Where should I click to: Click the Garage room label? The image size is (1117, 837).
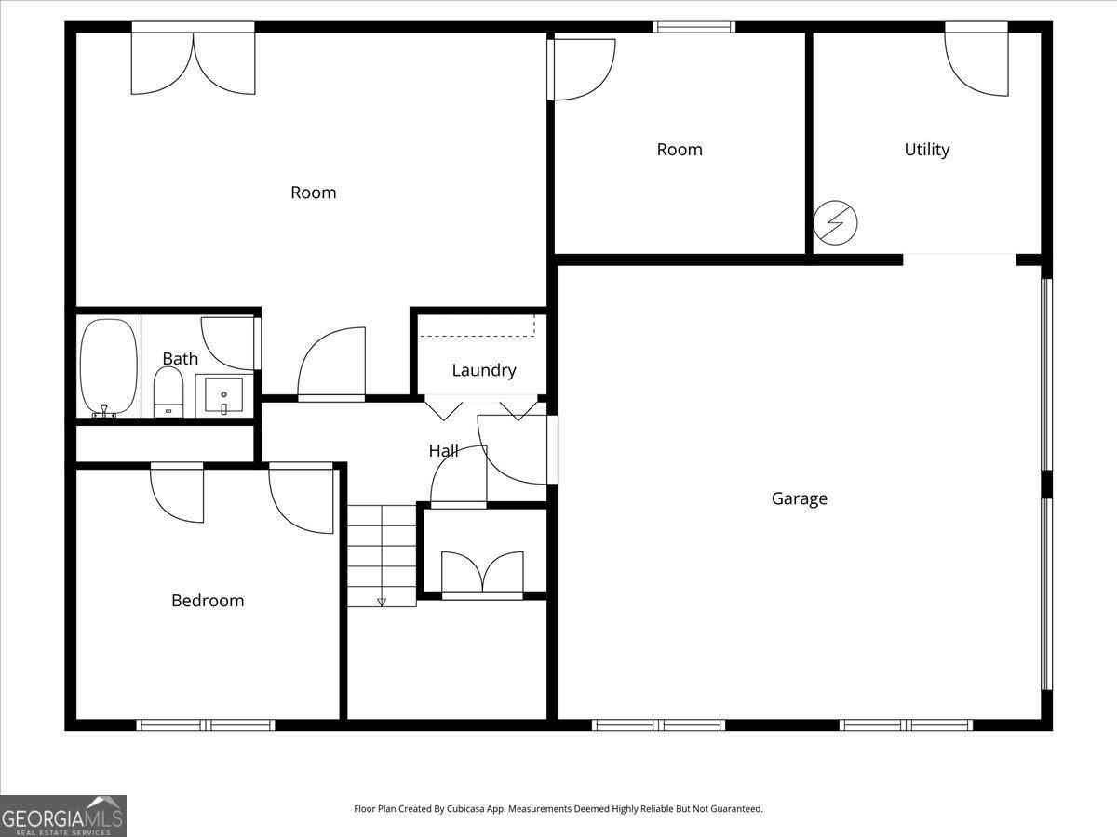(x=799, y=498)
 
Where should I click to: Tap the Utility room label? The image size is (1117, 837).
(x=927, y=150)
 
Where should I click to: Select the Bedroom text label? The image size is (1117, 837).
(x=208, y=601)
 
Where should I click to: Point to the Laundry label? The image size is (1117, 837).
(x=483, y=370)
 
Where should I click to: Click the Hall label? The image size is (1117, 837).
(x=443, y=451)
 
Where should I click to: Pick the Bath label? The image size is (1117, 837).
(x=180, y=359)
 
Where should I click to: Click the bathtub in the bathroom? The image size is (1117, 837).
(x=108, y=366)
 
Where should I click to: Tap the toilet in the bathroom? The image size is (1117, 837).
(x=168, y=391)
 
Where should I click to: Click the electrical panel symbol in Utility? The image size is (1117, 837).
(x=835, y=223)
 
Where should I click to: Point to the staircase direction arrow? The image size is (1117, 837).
(x=382, y=601)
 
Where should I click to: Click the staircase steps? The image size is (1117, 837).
(x=382, y=553)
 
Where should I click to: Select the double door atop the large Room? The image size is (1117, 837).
(x=193, y=63)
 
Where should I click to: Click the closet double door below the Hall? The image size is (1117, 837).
(x=482, y=573)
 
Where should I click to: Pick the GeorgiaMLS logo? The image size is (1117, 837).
(x=62, y=816)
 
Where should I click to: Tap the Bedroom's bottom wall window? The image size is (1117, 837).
(x=206, y=724)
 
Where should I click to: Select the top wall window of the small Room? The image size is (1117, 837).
(x=693, y=27)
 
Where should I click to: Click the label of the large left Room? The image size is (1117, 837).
(x=313, y=193)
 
